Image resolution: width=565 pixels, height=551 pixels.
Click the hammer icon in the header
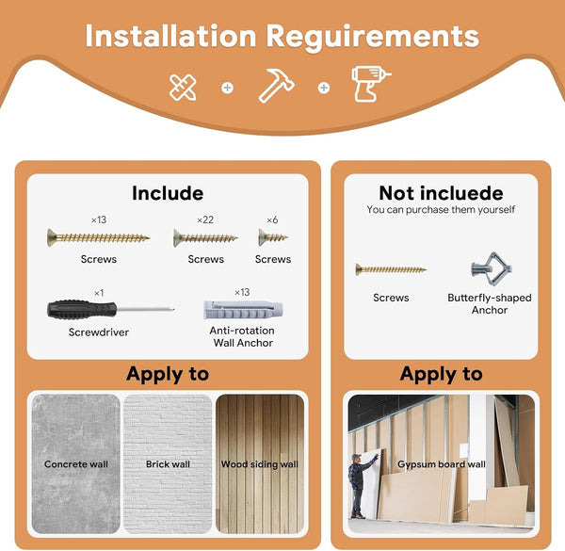pos(276,86)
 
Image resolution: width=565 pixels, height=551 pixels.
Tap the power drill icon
pos(371,84)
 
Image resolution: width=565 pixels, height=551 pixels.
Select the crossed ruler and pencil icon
pos(183,88)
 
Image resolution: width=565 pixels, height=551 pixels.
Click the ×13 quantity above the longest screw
pos(99,219)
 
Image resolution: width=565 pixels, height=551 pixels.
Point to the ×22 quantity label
pos(205,219)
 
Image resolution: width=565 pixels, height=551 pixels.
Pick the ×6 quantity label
pos(272,219)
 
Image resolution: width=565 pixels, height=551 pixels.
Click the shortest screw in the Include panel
pos(273,237)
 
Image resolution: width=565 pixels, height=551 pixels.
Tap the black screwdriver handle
pos(82,309)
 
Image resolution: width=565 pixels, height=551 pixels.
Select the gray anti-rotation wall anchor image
pos(243,310)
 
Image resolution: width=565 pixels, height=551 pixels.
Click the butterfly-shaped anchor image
pos(492,268)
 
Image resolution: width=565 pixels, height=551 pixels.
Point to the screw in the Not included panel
pos(391,269)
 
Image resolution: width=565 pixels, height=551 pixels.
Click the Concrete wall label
pos(76,463)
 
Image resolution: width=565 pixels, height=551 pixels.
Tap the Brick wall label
pos(168,463)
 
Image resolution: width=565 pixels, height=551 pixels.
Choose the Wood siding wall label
pos(260,464)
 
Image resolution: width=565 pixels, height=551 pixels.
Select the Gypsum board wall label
pos(442,464)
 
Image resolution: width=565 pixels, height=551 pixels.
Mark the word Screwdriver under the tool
pos(99,332)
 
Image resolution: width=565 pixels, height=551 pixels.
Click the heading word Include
pos(168,193)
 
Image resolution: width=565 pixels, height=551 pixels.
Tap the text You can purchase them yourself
pos(441,210)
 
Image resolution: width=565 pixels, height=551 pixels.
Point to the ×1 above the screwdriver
pos(99,293)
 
